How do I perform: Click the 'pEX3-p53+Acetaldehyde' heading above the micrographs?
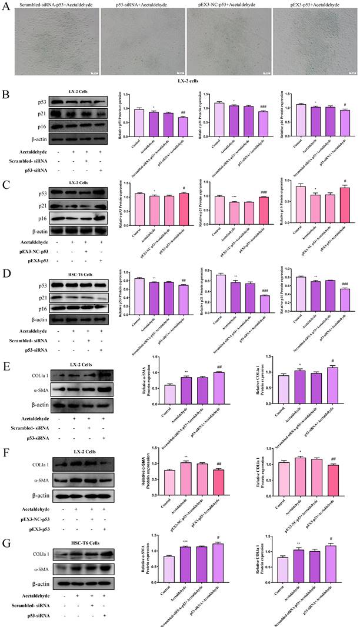314,4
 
